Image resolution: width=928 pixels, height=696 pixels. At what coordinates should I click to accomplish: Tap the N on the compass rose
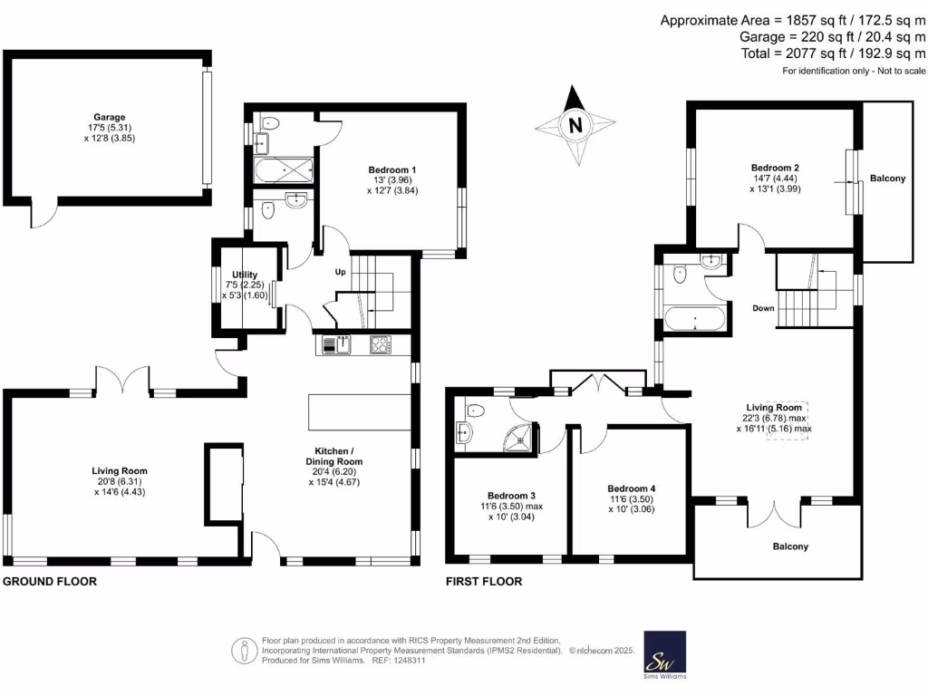pos(573,126)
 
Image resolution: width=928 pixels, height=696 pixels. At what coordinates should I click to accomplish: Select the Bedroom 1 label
pos(392,169)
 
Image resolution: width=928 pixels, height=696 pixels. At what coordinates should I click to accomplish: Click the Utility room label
pos(245,275)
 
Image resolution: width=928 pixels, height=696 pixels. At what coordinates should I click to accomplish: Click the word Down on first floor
pos(763,308)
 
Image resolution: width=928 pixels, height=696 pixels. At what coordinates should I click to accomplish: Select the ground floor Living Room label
pos(119,470)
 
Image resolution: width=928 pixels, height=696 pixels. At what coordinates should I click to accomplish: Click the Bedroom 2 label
pos(775,168)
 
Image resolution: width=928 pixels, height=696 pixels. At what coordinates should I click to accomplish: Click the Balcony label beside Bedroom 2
pos(887,179)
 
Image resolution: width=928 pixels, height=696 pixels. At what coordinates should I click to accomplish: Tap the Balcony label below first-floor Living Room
pos(790,546)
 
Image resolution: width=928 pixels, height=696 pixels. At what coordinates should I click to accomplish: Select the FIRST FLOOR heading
pos(483,582)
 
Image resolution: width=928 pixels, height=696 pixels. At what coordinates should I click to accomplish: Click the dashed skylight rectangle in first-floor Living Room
pos(788,420)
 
